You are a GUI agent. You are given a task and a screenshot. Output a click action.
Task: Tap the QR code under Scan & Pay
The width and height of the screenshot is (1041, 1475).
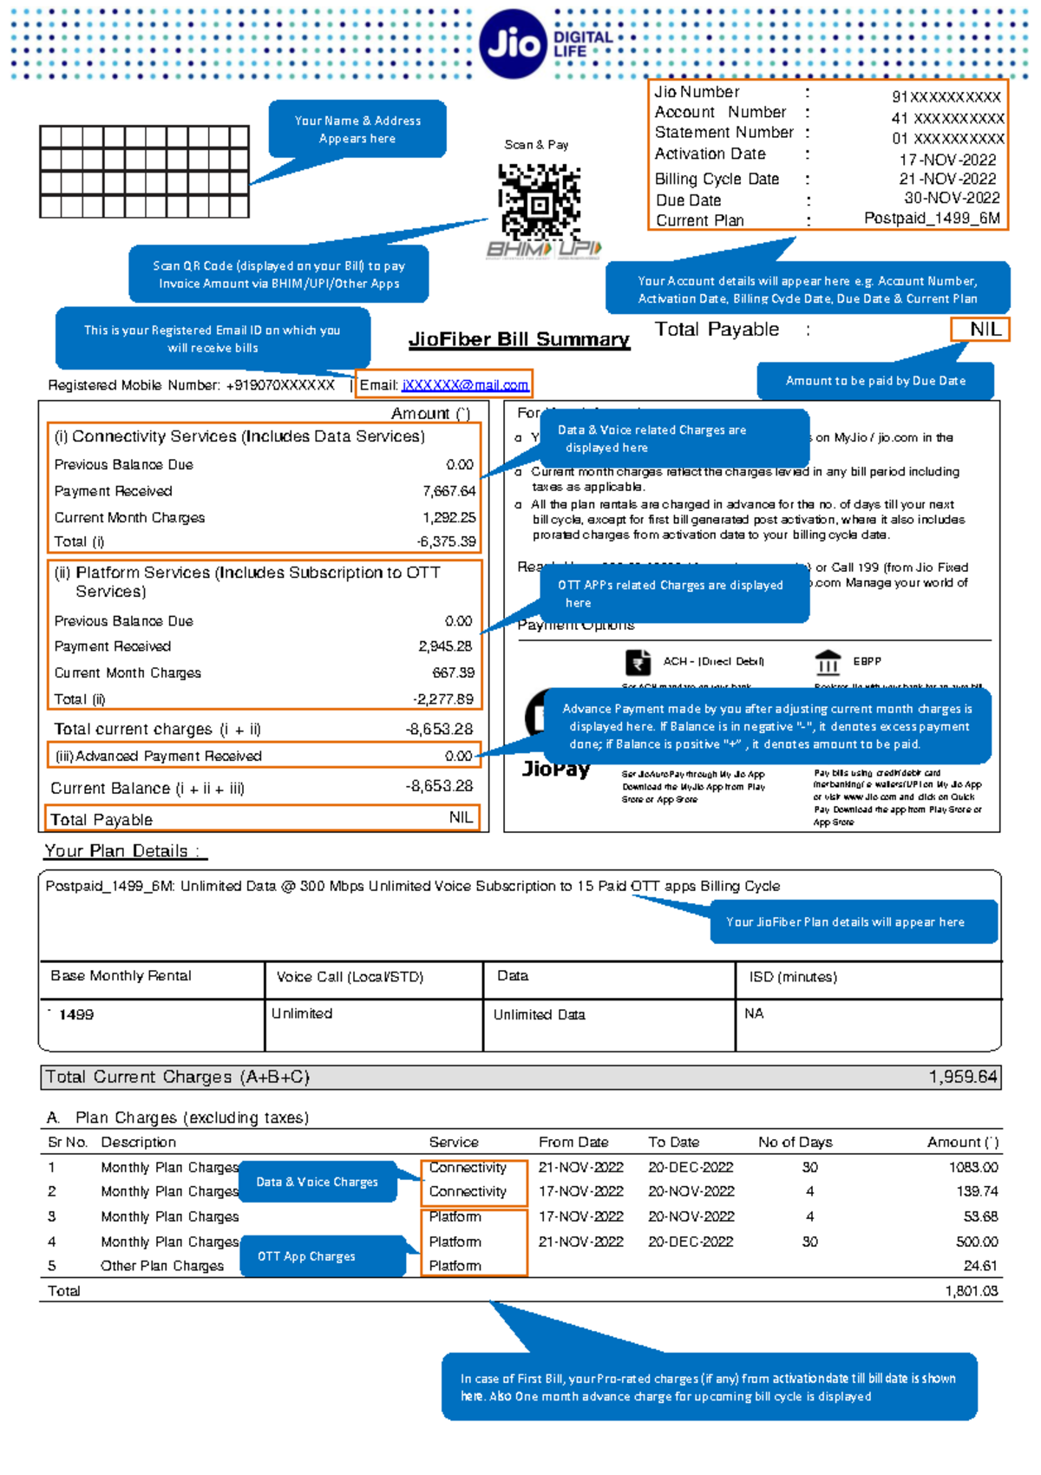click(539, 202)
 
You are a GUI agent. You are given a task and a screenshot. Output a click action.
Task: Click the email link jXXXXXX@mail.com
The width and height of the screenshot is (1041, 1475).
click(465, 384)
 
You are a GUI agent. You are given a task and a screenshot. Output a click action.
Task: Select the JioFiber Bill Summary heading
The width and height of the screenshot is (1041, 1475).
click(519, 339)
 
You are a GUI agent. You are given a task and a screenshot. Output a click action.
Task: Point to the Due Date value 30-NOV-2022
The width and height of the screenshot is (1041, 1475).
click(952, 198)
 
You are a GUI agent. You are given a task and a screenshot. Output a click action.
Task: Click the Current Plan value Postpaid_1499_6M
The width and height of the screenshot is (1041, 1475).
click(932, 219)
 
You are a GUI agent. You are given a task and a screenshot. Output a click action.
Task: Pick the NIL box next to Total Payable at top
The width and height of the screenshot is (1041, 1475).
click(980, 330)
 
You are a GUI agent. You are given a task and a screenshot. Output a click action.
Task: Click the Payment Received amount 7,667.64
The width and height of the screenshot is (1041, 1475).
click(448, 491)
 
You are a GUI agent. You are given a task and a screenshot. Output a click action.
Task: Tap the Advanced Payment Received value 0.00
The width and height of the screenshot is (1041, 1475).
click(458, 756)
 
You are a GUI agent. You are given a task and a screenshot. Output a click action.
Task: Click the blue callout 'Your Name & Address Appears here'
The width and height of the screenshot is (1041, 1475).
click(357, 129)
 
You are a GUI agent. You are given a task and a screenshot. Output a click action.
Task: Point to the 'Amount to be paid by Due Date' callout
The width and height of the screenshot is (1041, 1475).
click(874, 381)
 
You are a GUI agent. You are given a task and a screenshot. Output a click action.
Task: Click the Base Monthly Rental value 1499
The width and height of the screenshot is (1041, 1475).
click(76, 1014)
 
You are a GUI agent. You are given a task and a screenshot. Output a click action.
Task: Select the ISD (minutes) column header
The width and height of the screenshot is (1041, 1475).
click(793, 977)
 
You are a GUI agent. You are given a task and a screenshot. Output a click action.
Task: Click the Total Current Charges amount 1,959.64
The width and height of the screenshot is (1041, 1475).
click(963, 1077)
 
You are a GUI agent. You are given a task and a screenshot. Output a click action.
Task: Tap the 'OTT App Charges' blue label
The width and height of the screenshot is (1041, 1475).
click(306, 1256)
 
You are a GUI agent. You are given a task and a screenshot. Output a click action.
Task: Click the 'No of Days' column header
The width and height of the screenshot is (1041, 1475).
click(795, 1142)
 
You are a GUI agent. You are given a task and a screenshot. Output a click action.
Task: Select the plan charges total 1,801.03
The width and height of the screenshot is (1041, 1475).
click(971, 1291)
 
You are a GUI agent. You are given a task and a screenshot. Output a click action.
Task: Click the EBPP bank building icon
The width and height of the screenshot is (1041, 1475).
click(828, 663)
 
